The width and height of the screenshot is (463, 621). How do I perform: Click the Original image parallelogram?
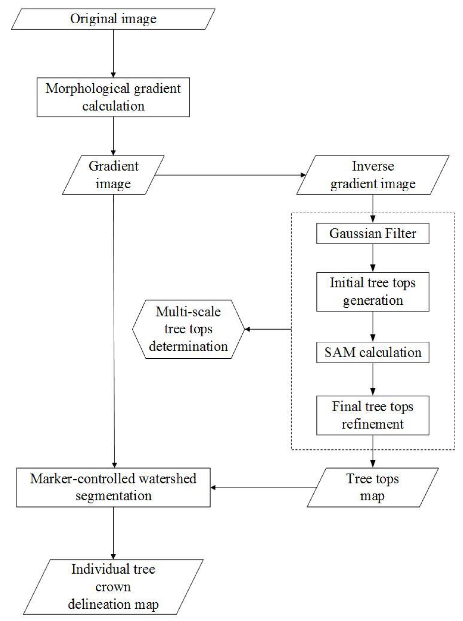(x=113, y=19)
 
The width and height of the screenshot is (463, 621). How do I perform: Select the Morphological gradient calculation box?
(x=113, y=97)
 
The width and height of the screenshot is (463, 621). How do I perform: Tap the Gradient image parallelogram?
(x=113, y=175)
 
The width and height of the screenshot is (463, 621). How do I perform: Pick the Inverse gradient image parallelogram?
(x=373, y=175)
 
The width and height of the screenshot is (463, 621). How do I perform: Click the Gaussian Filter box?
(x=373, y=233)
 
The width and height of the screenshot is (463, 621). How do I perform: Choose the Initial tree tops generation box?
(x=373, y=292)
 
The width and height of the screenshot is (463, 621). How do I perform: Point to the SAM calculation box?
(x=373, y=352)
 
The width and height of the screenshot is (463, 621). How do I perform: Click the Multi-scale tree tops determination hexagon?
(x=188, y=329)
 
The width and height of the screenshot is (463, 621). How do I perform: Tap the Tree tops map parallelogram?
(x=373, y=487)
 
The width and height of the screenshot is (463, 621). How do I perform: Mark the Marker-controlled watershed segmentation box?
(x=113, y=487)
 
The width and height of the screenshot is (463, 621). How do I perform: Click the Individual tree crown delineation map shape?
(x=113, y=587)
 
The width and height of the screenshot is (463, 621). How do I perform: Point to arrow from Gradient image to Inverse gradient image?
(x=230, y=175)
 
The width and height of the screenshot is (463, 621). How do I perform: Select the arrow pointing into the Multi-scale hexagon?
(x=268, y=329)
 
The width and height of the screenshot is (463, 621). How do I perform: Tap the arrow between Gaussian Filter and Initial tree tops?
(x=373, y=258)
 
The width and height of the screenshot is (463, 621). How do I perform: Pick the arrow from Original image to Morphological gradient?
(x=113, y=53)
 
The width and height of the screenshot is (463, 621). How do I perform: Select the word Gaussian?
(x=346, y=233)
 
